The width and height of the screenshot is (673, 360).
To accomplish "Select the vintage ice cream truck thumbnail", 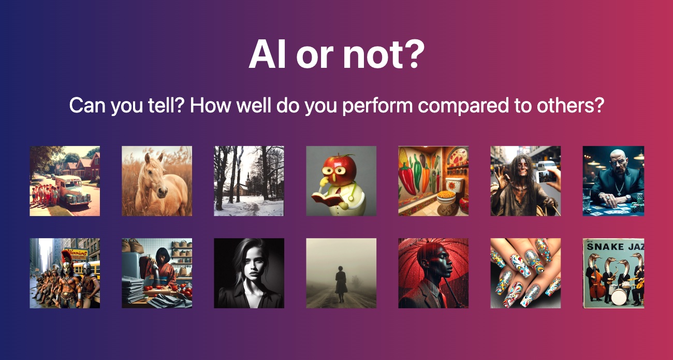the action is pyautogui.click(x=65, y=181).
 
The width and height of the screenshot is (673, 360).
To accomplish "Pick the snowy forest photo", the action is pyautogui.click(x=249, y=181).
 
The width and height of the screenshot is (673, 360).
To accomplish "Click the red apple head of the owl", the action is pyautogui.click(x=339, y=168).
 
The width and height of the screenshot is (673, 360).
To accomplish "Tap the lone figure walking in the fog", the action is pyautogui.click(x=341, y=284).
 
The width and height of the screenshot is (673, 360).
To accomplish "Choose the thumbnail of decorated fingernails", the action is pyautogui.click(x=525, y=273).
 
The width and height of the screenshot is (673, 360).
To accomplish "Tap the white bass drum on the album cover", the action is pyautogui.click(x=619, y=296).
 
